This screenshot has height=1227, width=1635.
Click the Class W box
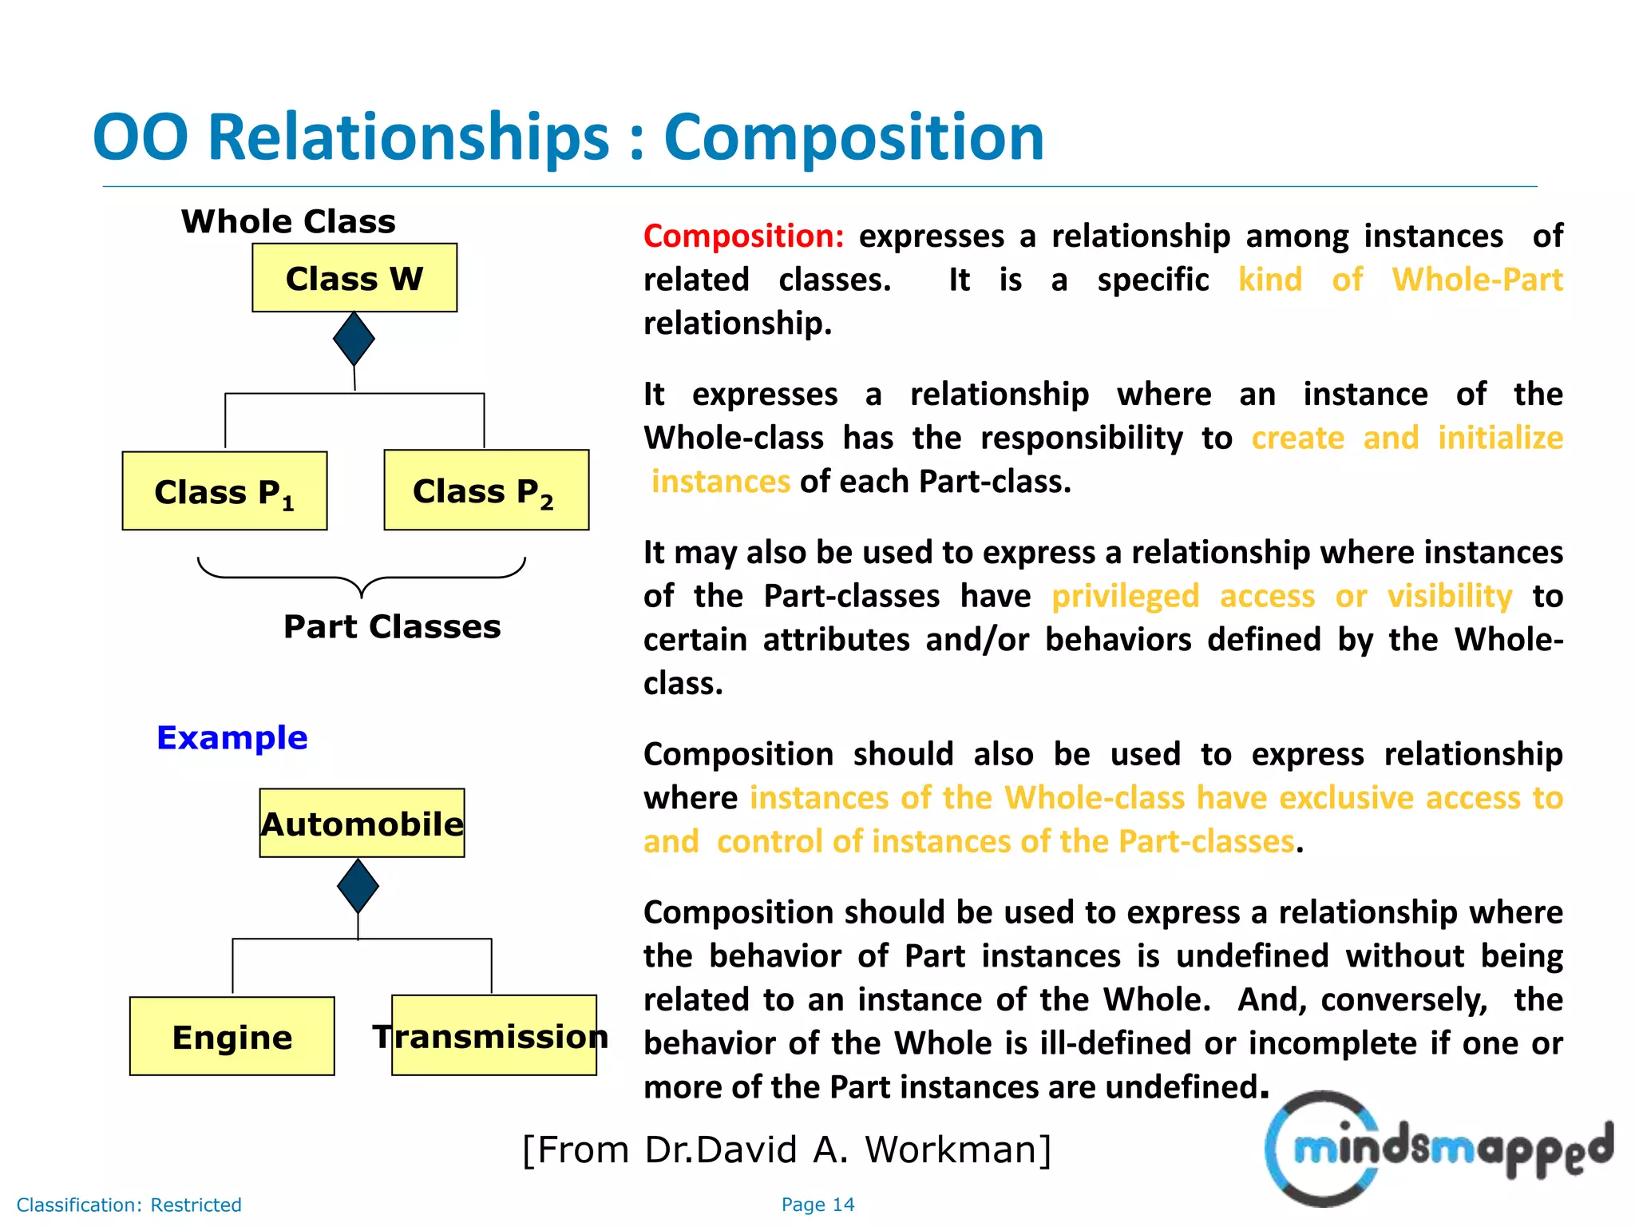(354, 278)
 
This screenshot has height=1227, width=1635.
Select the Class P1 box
(224, 490)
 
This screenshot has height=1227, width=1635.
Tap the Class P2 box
(486, 490)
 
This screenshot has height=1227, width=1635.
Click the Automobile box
(362, 824)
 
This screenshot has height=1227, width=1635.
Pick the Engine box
(232, 1036)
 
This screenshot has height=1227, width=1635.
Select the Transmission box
(493, 1035)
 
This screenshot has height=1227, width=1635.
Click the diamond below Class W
(354, 339)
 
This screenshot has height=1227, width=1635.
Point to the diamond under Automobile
(358, 886)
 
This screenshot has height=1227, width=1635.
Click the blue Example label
(232, 737)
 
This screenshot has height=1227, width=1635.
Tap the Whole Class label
(288, 221)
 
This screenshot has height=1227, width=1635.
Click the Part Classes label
(392, 626)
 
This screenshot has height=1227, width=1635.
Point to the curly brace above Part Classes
(362, 577)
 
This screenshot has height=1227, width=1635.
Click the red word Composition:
(743, 236)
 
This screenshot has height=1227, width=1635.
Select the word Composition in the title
(853, 137)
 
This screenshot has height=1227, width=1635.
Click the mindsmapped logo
(1438, 1149)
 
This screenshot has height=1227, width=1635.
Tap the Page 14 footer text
(817, 1205)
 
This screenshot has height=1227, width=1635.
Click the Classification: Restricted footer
(129, 1205)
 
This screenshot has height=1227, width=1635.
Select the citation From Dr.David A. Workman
(786, 1150)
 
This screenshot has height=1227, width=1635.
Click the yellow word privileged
(1125, 597)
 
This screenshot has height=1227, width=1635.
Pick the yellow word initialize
(1499, 439)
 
